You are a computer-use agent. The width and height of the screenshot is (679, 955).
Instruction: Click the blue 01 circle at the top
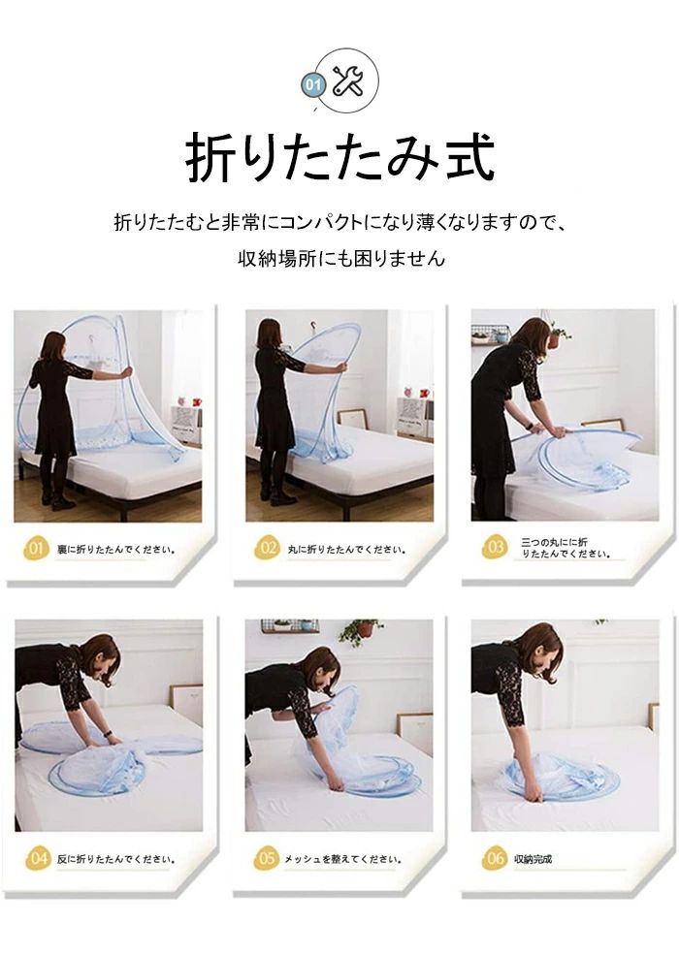pos(312,84)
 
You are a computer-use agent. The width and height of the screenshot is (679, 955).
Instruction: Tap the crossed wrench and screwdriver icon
pos(348,81)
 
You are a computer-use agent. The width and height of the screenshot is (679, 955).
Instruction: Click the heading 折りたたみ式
pos(339,157)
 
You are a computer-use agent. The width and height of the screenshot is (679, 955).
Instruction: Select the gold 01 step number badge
pos(36,548)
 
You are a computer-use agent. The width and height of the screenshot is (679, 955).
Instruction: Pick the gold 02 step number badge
pos(267,548)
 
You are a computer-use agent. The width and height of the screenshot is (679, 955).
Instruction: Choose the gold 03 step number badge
pos(495,547)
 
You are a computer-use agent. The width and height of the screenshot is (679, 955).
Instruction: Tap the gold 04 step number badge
pos(38,858)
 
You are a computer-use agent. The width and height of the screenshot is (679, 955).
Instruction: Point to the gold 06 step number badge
pos(495,858)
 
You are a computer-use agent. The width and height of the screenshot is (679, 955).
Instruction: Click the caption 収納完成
pos(533,859)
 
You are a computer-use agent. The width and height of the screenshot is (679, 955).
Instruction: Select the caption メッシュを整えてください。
pos(343,859)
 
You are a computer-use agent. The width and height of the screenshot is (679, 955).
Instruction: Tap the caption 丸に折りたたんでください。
pos(347,549)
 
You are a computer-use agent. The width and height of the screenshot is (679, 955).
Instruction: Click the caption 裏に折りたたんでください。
pos(116,549)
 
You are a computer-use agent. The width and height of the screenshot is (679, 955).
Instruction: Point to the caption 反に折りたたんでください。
pos(116,859)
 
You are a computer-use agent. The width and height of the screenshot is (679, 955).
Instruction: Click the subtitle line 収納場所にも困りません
pos(341,258)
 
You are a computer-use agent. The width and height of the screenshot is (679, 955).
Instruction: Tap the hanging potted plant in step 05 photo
pos(362,631)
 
